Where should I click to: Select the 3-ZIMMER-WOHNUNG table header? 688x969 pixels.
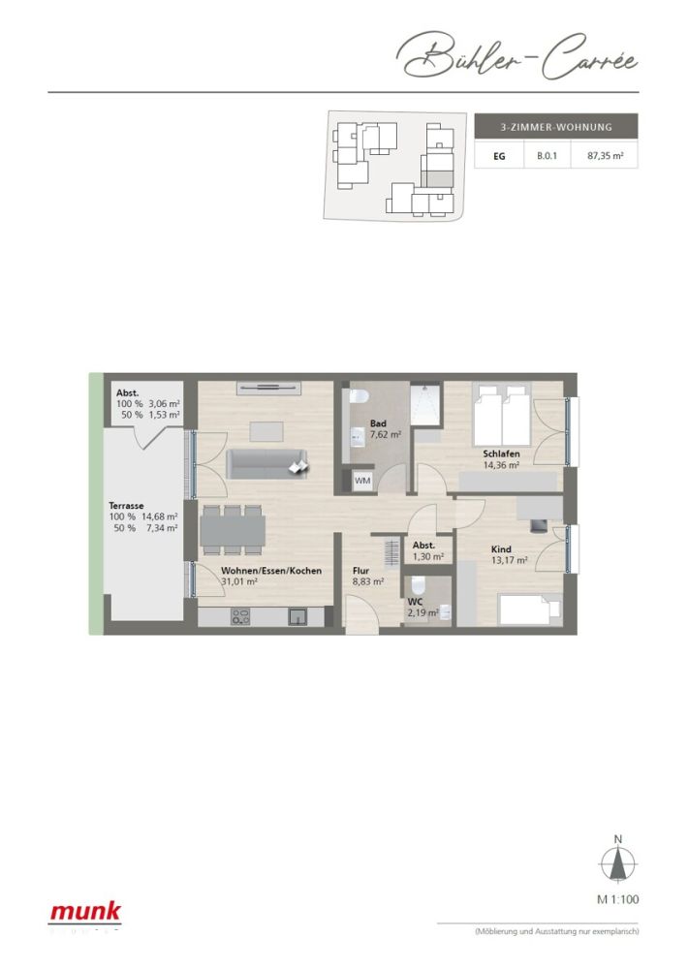pyautogui.click(x=555, y=127)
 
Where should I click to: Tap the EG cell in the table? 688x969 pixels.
pyautogui.click(x=499, y=155)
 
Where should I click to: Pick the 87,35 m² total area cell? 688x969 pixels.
pyautogui.click(x=605, y=155)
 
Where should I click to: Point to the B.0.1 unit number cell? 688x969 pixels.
pyautogui.click(x=548, y=155)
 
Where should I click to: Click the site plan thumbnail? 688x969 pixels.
pyautogui.click(x=393, y=166)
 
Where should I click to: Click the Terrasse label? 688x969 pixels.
pyautogui.click(x=127, y=506)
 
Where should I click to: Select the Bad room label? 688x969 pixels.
pyautogui.click(x=379, y=423)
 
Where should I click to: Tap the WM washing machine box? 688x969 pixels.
pyautogui.click(x=362, y=481)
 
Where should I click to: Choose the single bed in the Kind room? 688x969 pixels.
pyautogui.click(x=529, y=610)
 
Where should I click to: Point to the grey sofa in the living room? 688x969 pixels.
pyautogui.click(x=267, y=463)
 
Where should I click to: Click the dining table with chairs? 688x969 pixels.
pyautogui.click(x=233, y=529)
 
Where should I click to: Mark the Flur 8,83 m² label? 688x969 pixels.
pyautogui.click(x=367, y=577)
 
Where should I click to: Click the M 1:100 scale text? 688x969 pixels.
pyautogui.click(x=618, y=899)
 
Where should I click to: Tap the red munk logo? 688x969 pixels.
pyautogui.click(x=85, y=911)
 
